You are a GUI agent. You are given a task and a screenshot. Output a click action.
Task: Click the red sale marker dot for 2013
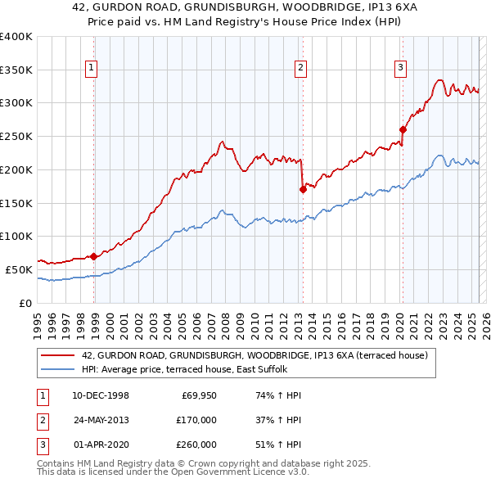(303, 189)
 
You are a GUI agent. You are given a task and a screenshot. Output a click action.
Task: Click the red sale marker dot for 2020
(403, 129)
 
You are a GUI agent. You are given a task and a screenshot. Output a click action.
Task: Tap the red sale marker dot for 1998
(94, 256)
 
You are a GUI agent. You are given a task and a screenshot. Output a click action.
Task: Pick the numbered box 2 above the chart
(301, 68)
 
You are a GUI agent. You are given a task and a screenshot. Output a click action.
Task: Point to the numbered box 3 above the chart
(401, 68)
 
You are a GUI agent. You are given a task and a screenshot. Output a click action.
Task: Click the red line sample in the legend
(58, 355)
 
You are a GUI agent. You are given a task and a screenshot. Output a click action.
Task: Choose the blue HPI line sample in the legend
(58, 369)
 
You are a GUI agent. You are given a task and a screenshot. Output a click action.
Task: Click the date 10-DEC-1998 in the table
(101, 396)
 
